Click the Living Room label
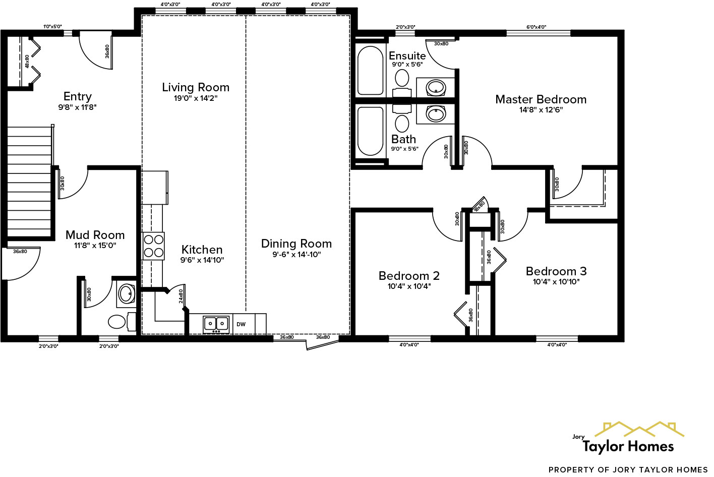pyautogui.click(x=196, y=87)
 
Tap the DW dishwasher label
pyautogui.click(x=241, y=325)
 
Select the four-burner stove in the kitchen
pyautogui.click(x=154, y=246)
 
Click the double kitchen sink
pyautogui.click(x=216, y=325)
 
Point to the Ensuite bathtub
pyautogui.click(x=370, y=71)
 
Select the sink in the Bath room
pyautogui.click(x=436, y=114)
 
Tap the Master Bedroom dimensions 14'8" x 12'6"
pyautogui.click(x=541, y=110)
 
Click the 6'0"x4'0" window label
pyautogui.click(x=537, y=27)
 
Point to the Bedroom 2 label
pyautogui.click(x=409, y=275)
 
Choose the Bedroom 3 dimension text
pyautogui.click(x=556, y=282)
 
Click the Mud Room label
pyautogui.click(x=95, y=235)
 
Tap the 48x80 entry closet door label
pyautogui.click(x=27, y=61)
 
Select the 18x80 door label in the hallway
pyautogui.click(x=479, y=206)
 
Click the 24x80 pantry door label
pyautogui.click(x=181, y=296)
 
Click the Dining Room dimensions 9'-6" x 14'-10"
pyautogui.click(x=296, y=255)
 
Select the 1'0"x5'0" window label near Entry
pyautogui.click(x=52, y=27)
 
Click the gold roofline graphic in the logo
pyautogui.click(x=639, y=429)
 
